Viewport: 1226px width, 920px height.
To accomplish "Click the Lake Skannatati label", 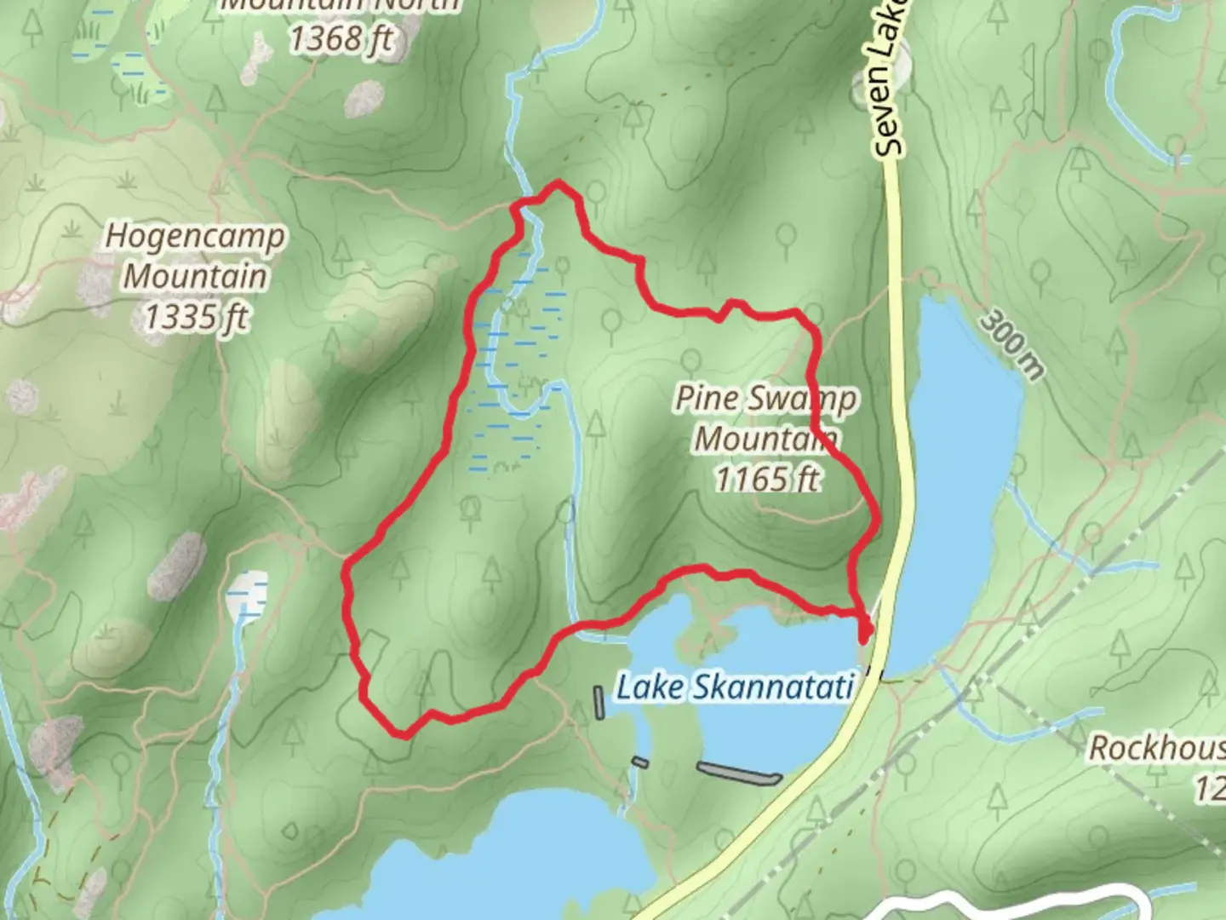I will [734, 687].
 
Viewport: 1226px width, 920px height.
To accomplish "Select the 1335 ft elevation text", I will [195, 317].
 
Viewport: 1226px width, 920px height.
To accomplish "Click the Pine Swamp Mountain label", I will [766, 418].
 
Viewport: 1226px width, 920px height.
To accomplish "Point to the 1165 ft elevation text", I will [766, 479].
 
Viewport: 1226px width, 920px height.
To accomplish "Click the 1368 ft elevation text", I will [341, 38].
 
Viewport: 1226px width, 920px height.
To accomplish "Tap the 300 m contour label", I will [1011, 343].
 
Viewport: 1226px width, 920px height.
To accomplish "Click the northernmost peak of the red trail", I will [558, 182].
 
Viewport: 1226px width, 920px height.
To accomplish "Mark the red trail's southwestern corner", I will [404, 733].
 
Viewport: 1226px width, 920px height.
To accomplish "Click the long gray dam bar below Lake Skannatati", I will [738, 773].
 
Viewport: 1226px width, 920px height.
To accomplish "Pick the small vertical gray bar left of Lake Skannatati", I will [599, 702].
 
